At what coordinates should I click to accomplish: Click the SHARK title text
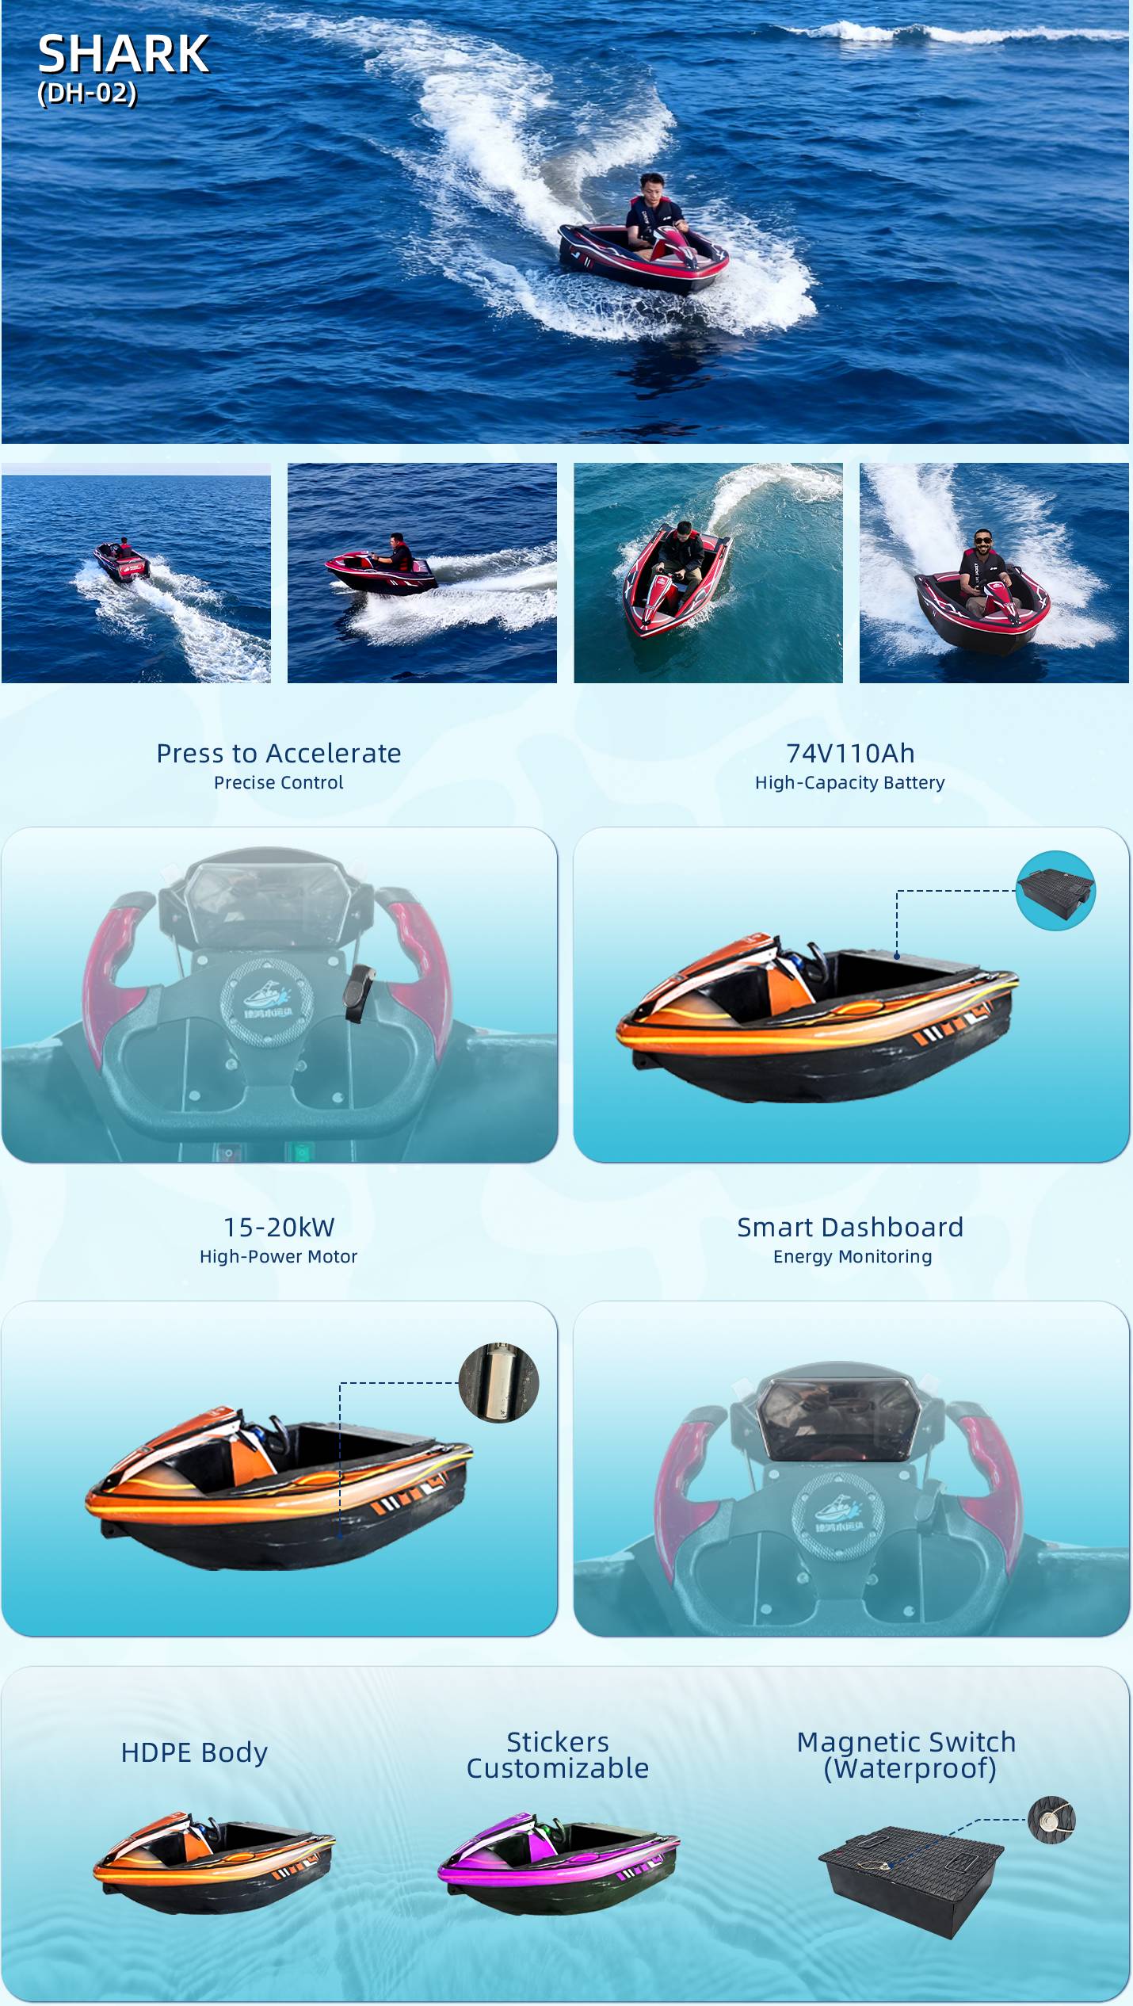click(124, 55)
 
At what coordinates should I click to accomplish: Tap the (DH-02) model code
click(87, 94)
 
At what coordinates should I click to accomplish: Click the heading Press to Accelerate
click(279, 753)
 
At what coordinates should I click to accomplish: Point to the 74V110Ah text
click(850, 753)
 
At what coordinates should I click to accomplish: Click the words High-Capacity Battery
click(850, 783)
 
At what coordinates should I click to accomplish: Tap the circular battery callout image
click(1055, 890)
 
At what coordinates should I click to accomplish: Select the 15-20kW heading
click(279, 1227)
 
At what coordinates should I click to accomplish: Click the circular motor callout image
click(499, 1382)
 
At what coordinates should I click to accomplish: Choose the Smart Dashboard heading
click(850, 1227)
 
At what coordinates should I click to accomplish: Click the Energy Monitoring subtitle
click(853, 1256)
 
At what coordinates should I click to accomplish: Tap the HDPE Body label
click(194, 1752)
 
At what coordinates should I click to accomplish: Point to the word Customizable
click(558, 1768)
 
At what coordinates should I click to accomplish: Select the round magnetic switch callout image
click(1051, 1819)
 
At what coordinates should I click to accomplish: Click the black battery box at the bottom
click(911, 1879)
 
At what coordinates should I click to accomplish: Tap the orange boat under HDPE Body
click(214, 1862)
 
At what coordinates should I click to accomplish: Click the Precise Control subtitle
click(279, 783)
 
